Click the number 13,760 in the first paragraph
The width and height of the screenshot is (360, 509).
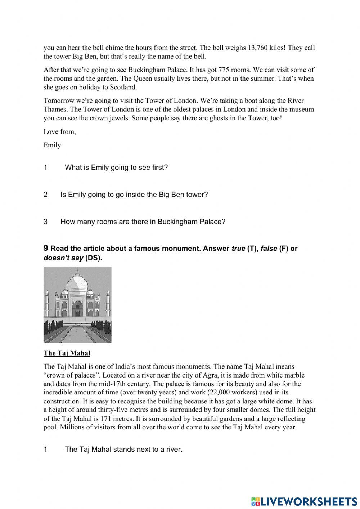(259, 48)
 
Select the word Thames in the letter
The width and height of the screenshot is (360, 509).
(54, 110)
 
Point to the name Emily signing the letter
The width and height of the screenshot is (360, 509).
(52, 145)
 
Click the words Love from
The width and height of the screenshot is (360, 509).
(60, 132)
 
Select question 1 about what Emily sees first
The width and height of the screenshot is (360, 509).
(116, 168)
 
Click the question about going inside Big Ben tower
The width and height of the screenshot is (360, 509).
(134, 195)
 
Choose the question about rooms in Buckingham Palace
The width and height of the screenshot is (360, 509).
(143, 222)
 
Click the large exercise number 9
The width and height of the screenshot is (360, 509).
(46, 248)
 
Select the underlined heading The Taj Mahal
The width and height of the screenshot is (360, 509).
(67, 353)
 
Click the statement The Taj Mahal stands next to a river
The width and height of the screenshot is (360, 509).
(123, 449)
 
